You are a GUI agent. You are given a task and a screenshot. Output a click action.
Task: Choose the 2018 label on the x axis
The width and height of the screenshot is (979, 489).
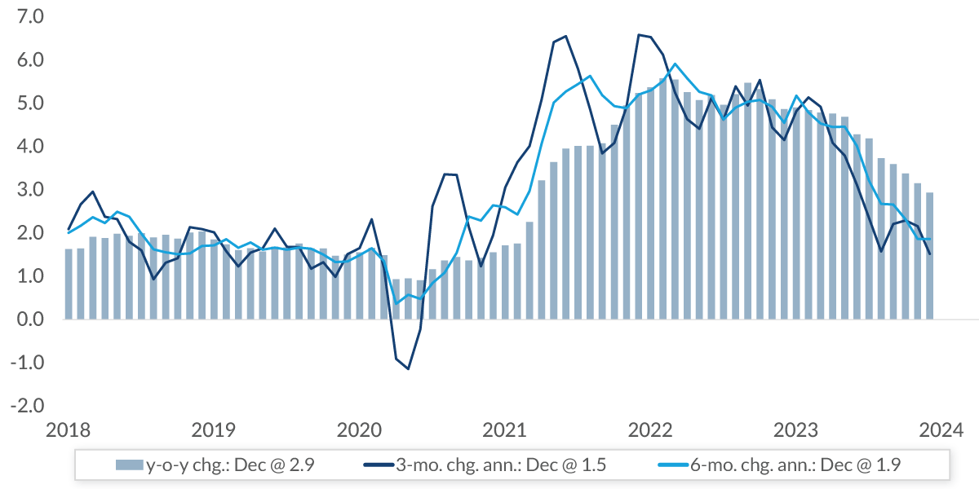pyautogui.click(x=67, y=430)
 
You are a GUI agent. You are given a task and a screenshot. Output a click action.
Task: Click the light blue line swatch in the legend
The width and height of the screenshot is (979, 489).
pyautogui.click(x=675, y=465)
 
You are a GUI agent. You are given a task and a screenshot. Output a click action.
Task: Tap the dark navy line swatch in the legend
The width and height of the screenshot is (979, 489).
pyautogui.click(x=378, y=465)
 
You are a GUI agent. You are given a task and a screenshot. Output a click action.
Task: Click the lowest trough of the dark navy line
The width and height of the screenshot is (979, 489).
pyautogui.click(x=408, y=369)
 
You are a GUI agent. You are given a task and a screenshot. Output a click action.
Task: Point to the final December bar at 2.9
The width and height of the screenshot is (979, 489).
pyautogui.click(x=929, y=256)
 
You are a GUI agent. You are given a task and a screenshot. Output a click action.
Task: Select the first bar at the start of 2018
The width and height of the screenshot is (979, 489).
pyautogui.click(x=69, y=284)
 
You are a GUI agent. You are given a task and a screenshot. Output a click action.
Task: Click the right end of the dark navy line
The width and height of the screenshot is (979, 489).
pyautogui.click(x=929, y=253)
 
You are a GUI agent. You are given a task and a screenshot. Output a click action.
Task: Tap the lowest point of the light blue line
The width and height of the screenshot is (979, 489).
pyautogui.click(x=396, y=303)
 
